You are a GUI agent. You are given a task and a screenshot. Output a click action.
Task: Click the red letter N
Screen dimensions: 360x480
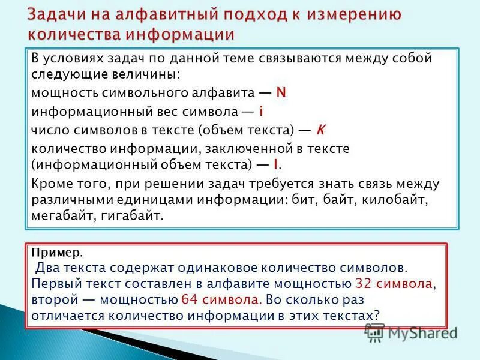pos(281,93)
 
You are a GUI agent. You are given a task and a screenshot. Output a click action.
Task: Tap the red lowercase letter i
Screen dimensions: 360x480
pos(262,112)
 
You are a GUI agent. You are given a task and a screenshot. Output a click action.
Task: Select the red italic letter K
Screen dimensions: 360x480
pos(320,130)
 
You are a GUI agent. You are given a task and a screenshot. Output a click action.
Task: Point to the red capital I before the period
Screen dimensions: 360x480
pos(275,164)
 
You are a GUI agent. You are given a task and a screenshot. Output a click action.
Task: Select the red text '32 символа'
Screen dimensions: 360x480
pos(394,283)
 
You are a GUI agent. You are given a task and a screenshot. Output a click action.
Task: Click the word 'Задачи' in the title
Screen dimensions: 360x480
pos(53,14)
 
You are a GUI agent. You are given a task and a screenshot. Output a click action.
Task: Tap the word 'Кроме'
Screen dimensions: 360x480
pos(49,183)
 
